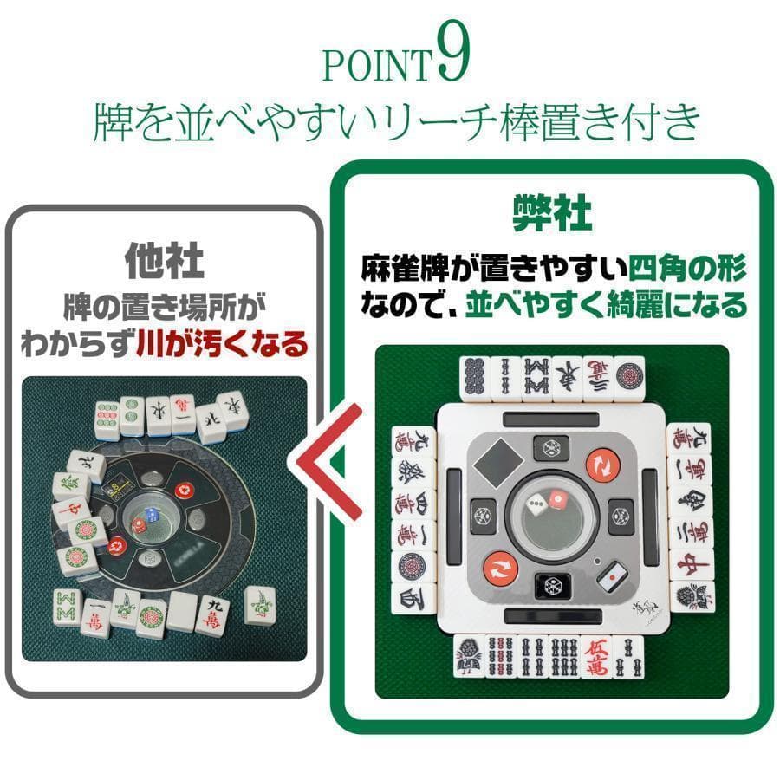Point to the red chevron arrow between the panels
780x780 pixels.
(334, 469)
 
